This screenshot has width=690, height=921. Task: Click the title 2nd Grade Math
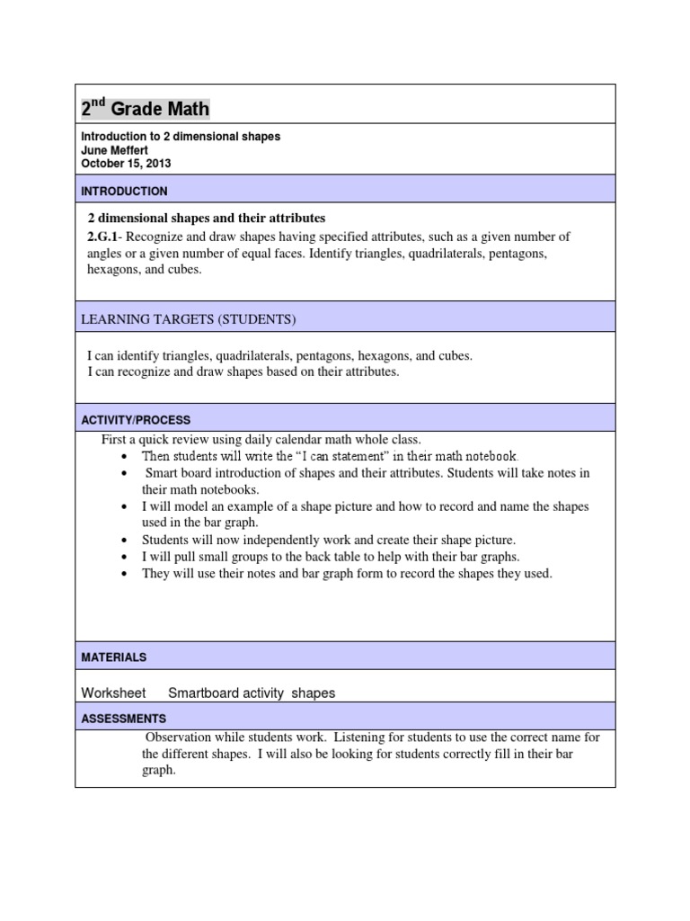tap(146, 109)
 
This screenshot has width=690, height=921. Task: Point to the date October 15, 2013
tap(126, 164)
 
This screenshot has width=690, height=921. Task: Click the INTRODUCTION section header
tap(124, 192)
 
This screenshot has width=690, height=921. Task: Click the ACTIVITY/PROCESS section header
tap(136, 420)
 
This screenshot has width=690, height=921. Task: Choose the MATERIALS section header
tap(114, 657)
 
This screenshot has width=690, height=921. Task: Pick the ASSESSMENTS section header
tap(124, 719)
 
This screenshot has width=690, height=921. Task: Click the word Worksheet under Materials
tap(114, 693)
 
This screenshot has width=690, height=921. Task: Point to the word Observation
tap(180, 738)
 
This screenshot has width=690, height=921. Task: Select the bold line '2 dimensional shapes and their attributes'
tap(206, 219)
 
